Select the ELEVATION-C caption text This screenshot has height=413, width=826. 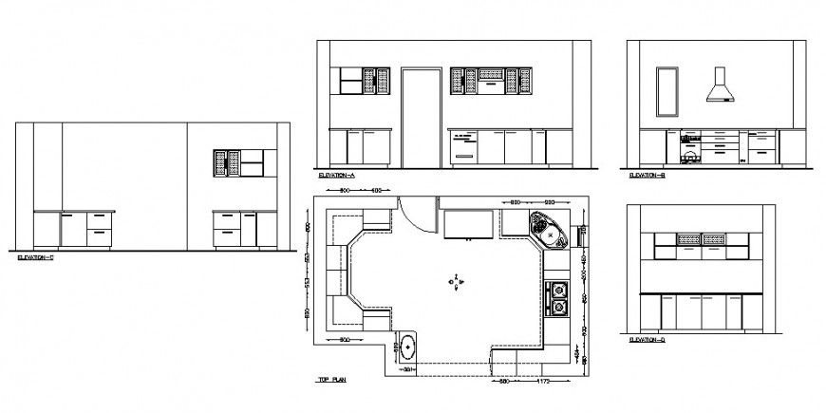[37, 257]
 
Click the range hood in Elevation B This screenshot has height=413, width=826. [719, 86]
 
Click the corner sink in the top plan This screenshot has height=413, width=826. [548, 229]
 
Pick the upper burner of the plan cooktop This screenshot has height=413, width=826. [559, 289]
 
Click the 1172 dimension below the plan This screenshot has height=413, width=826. [544, 382]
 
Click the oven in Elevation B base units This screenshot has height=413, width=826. [690, 148]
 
